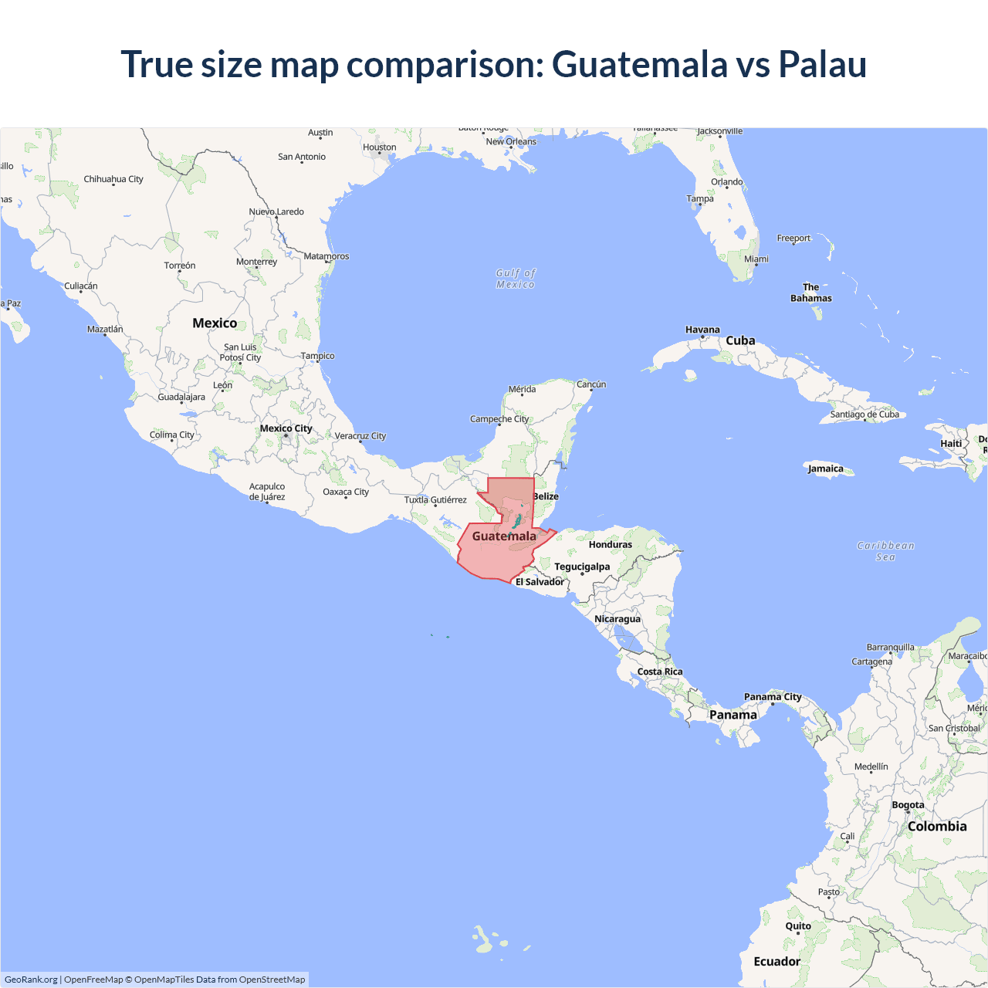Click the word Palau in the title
pyautogui.click(x=822, y=64)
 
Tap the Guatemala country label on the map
pyautogui.click(x=504, y=536)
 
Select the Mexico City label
pyautogui.click(x=286, y=428)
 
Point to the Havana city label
pyautogui.click(x=702, y=330)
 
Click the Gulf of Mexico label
pyautogui.click(x=516, y=279)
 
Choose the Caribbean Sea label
pyautogui.click(x=885, y=551)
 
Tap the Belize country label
pyautogui.click(x=546, y=496)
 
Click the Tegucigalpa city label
pyautogui.click(x=582, y=567)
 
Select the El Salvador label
pyautogui.click(x=540, y=582)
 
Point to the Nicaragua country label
pyautogui.click(x=617, y=619)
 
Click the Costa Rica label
pyautogui.click(x=660, y=672)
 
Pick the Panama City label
pyautogui.click(x=773, y=697)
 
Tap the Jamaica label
pyautogui.click(x=826, y=469)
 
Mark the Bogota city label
pyautogui.click(x=908, y=805)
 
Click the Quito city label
pyautogui.click(x=798, y=926)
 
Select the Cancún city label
pyautogui.click(x=591, y=384)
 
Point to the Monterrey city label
pyautogui.click(x=256, y=262)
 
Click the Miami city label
pyautogui.click(x=756, y=259)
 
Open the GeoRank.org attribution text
pyautogui.click(x=31, y=980)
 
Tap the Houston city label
pyautogui.click(x=380, y=147)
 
